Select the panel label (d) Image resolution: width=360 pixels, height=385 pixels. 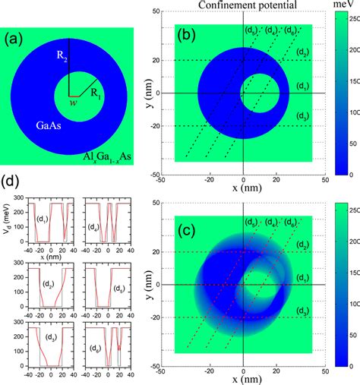click(x=13, y=183)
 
